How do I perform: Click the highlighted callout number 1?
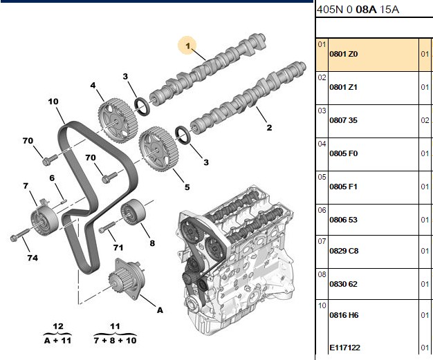[x=187, y=46]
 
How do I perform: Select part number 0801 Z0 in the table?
[x=344, y=54]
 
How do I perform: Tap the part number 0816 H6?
[x=344, y=315]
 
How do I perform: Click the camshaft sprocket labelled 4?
[x=118, y=120]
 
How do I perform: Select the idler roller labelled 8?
[x=133, y=211]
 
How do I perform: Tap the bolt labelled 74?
[x=19, y=235]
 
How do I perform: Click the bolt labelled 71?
[x=107, y=227]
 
